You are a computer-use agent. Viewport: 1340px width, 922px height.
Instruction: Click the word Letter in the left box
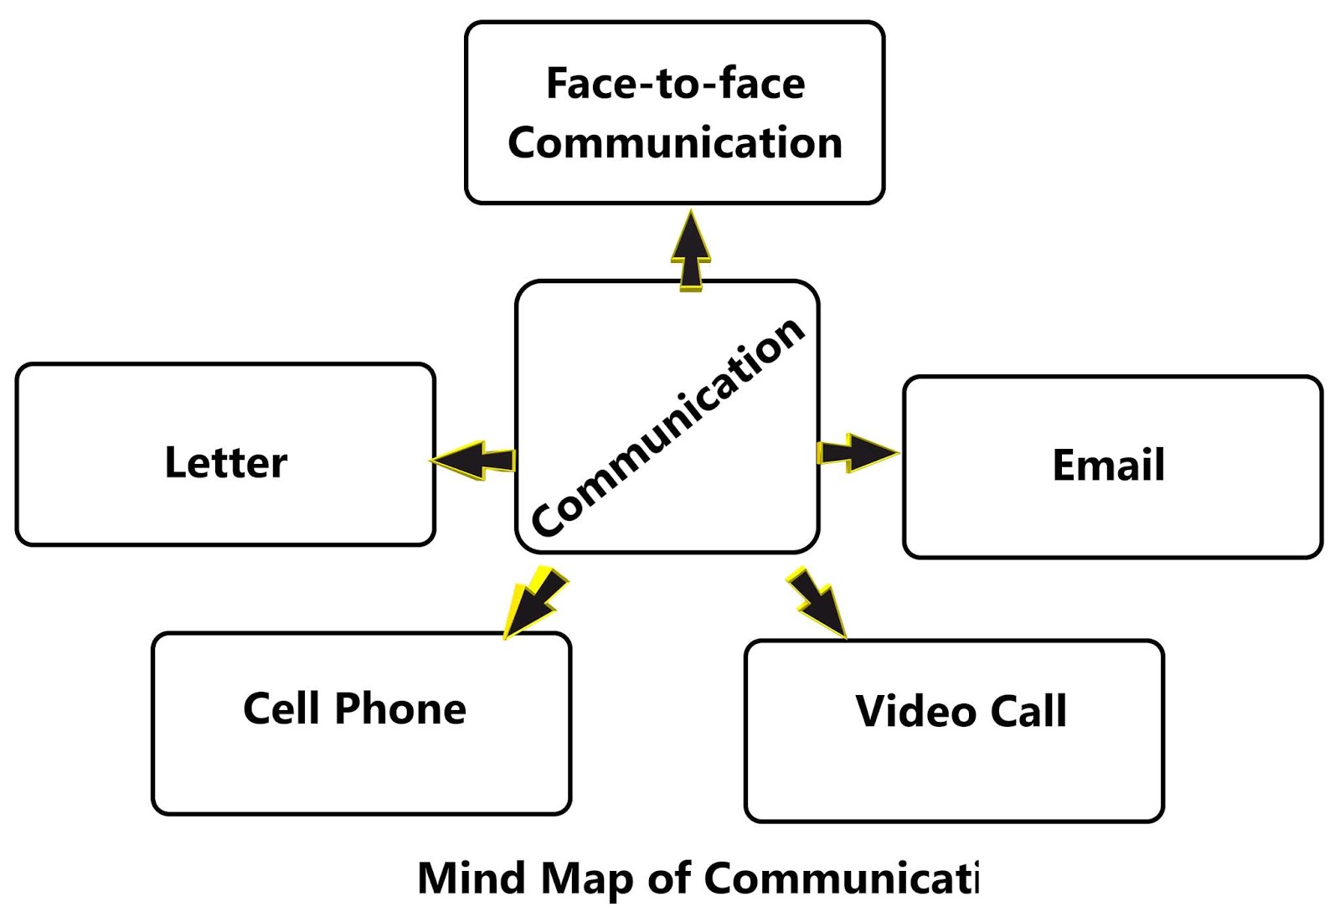click(226, 463)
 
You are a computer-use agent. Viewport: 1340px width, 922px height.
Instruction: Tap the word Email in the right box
click(1108, 466)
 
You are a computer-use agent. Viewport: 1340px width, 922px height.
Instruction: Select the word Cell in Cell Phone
click(281, 708)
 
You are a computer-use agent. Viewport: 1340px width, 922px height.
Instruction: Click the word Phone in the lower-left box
click(400, 708)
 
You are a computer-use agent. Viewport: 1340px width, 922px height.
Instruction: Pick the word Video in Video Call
click(915, 712)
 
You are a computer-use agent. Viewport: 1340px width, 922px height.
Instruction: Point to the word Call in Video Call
click(1028, 712)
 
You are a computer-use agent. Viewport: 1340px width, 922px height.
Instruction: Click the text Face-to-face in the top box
click(675, 84)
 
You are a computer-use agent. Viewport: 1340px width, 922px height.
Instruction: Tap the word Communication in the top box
click(675, 143)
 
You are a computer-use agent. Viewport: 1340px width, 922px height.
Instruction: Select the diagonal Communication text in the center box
click(668, 426)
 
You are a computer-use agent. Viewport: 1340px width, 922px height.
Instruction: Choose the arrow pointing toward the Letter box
click(473, 460)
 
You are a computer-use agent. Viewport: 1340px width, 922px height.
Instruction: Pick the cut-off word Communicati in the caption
click(841, 878)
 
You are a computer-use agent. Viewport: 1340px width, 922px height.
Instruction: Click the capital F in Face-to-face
click(559, 84)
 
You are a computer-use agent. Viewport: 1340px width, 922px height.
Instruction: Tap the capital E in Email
click(1064, 466)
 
